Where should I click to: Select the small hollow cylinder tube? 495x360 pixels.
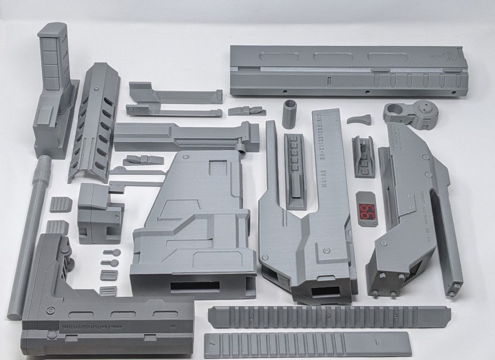coord(290,114)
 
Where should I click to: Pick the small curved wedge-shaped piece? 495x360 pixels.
coord(359,120)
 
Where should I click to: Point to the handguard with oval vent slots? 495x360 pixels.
coord(94,121)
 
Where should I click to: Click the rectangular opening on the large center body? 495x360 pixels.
coord(195,286)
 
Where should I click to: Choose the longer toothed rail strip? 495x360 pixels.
coord(329,317)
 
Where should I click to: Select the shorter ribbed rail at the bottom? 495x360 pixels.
coord(307,344)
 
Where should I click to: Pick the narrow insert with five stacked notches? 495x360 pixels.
coord(295,169)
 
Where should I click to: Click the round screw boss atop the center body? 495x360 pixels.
coord(186,157)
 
